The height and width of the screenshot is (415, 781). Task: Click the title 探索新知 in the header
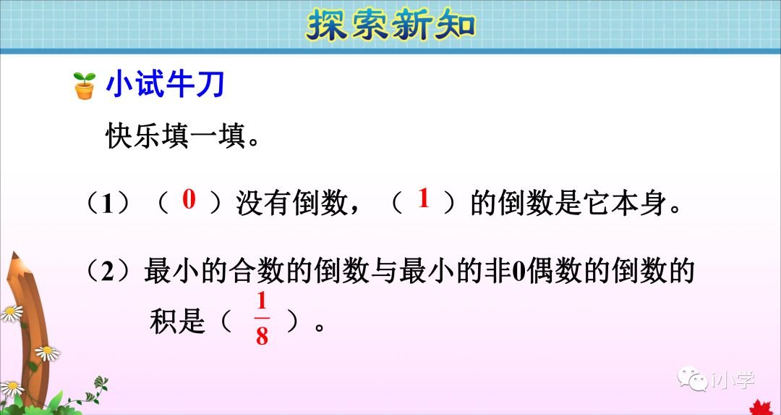(x=391, y=25)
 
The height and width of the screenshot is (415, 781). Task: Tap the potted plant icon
(x=85, y=86)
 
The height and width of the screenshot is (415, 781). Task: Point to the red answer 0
(x=189, y=200)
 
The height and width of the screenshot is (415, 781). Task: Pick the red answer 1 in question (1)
(x=424, y=200)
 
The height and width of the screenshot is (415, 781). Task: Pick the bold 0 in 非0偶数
(x=517, y=272)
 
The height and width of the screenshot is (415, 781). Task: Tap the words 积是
(x=177, y=321)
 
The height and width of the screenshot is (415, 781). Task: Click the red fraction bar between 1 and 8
(x=262, y=319)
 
